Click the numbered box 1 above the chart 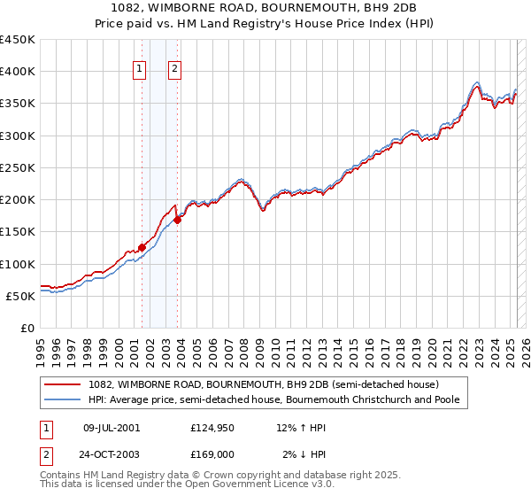(141, 72)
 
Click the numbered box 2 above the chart (175, 72)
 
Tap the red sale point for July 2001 (142, 248)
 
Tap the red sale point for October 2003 (178, 220)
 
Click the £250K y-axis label (18, 167)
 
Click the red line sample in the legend (64, 384)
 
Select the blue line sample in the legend (64, 399)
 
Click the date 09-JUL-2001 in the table (112, 428)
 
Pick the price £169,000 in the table (212, 453)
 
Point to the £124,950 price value (212, 428)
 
